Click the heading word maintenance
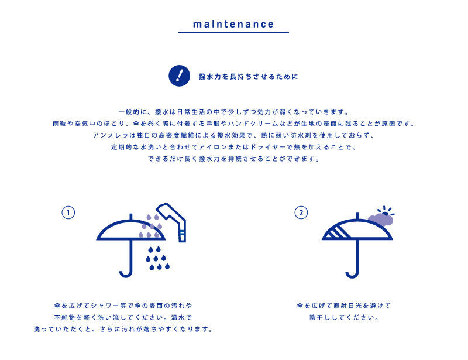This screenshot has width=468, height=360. [x=233, y=24]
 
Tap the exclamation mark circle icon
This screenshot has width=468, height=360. [x=179, y=76]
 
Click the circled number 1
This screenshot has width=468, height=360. [x=68, y=212]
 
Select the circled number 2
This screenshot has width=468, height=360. [x=301, y=212]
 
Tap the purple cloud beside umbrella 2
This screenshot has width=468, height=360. [x=381, y=220]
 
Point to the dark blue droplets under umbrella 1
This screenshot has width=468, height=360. [x=157, y=258]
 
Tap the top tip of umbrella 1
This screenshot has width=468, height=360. [x=130, y=214]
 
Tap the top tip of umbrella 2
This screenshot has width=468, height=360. [x=357, y=213]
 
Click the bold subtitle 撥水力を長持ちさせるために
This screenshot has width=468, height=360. [x=249, y=77]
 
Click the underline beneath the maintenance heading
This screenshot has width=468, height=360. [x=233, y=32]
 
